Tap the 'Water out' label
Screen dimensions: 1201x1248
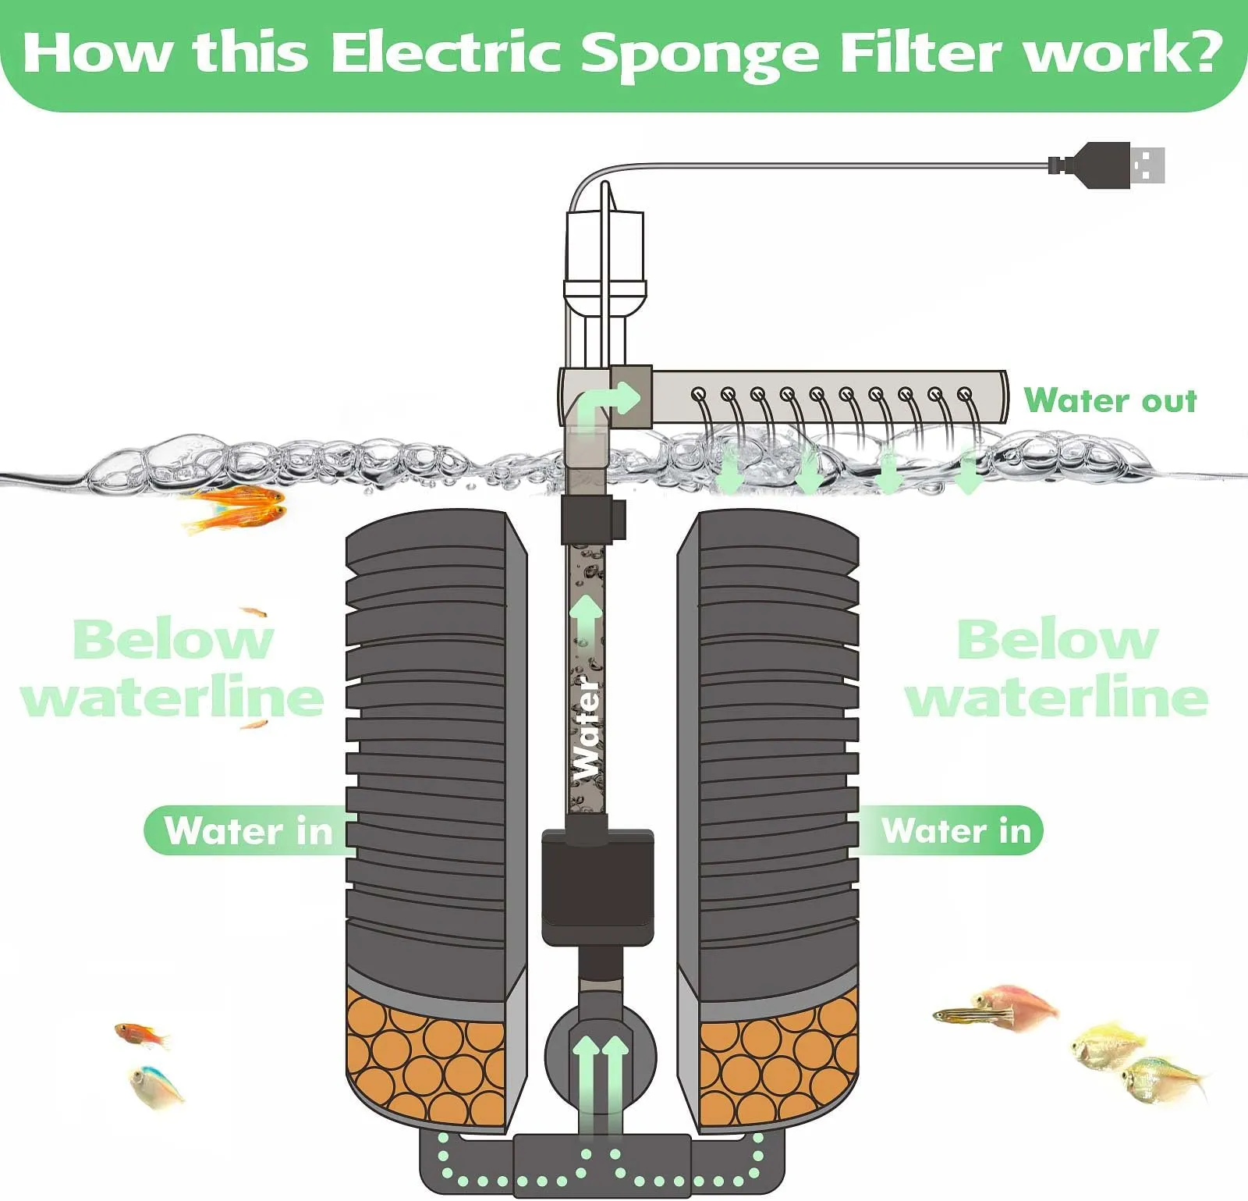[x=1109, y=400]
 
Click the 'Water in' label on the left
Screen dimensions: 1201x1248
[x=248, y=830]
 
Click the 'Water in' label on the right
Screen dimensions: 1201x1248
[x=956, y=830]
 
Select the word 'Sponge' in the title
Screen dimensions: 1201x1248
[x=700, y=53]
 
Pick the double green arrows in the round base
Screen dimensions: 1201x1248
[x=600, y=1081]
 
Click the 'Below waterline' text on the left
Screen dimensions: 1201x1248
[x=172, y=668]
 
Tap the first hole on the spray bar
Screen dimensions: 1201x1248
[x=699, y=394]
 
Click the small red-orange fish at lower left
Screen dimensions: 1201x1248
[x=141, y=1036]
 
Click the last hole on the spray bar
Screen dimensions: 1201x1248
[x=965, y=394]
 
